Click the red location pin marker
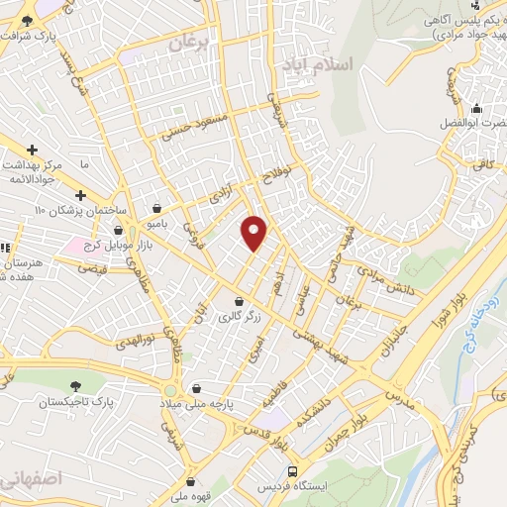click(x=254, y=233)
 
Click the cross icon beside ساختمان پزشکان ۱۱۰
click(x=80, y=195)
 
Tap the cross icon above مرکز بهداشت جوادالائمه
click(x=33, y=149)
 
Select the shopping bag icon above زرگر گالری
click(x=239, y=301)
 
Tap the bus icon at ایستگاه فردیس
click(x=291, y=471)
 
